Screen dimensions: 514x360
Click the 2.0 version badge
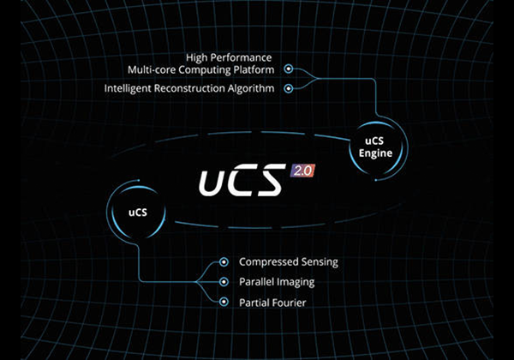pyautogui.click(x=302, y=171)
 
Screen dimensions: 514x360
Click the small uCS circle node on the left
pyautogui.click(x=136, y=210)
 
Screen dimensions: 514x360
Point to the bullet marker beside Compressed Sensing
pyautogui.click(x=224, y=262)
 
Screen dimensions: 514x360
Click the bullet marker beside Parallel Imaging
pyautogui.click(x=224, y=282)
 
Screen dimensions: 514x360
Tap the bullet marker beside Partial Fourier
pyautogui.click(x=224, y=302)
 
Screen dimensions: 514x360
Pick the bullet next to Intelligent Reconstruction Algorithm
pyautogui.click(x=289, y=88)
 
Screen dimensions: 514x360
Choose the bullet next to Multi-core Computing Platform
pyautogui.click(x=289, y=69)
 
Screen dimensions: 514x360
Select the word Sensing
pyautogui.click(x=320, y=262)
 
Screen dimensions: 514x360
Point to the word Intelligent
pyautogui.click(x=128, y=88)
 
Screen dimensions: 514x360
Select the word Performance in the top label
pyautogui.click(x=241, y=57)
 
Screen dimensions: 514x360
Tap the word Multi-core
pyautogui.click(x=152, y=69)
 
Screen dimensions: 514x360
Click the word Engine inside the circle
pyautogui.click(x=375, y=153)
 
